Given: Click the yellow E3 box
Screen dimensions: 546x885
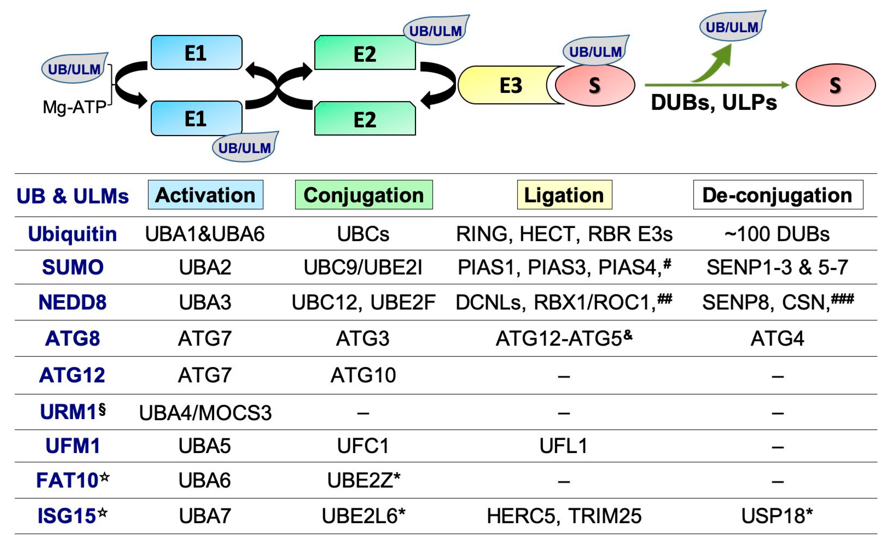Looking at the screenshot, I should point(506,85).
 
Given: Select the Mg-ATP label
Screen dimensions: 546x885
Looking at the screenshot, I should point(74,107).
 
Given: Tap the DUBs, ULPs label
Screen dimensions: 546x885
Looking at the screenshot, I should point(713,103).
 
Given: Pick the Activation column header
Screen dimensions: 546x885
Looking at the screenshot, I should point(205,195).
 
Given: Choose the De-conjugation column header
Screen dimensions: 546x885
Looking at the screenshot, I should point(778,195).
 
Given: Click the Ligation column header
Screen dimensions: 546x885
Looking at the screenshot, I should point(564,195).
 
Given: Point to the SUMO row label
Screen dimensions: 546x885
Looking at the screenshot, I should point(72,267).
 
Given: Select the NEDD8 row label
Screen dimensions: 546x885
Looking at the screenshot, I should point(72,302).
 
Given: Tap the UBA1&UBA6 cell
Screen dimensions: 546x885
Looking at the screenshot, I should point(205,234).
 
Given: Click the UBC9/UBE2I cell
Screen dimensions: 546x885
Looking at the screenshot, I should point(363,268).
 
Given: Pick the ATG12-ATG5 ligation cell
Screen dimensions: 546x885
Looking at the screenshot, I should point(563,338).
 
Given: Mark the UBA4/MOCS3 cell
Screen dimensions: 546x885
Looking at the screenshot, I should point(205,413).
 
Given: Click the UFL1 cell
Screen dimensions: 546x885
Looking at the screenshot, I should point(563,446).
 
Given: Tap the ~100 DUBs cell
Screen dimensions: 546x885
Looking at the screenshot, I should point(777,234).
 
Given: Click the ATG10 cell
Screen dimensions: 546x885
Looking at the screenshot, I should point(363,375).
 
